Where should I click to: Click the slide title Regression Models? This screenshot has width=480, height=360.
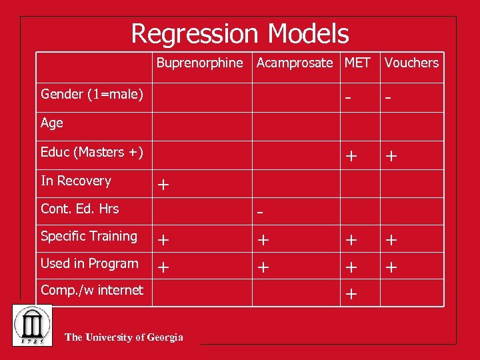[x=240, y=33]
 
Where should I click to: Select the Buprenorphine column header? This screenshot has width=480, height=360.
[x=200, y=63]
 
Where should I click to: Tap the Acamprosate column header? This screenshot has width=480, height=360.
[x=294, y=63]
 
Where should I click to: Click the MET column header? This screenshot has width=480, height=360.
[x=357, y=63]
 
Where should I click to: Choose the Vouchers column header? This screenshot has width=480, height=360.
[x=411, y=63]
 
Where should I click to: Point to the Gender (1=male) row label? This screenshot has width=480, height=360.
[x=92, y=94]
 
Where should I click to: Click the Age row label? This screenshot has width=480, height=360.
[x=52, y=123]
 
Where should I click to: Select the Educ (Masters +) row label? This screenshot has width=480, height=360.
[x=92, y=152]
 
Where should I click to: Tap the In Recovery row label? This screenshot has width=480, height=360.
[x=76, y=181]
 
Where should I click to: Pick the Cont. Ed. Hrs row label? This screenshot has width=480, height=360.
[x=79, y=209]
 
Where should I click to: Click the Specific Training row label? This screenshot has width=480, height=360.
[x=89, y=236]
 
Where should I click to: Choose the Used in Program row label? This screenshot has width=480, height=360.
[x=89, y=263]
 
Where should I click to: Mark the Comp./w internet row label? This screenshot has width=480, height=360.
[x=92, y=290]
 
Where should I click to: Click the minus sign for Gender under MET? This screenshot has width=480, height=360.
[x=348, y=98]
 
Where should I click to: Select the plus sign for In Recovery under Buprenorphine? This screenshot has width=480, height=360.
[x=162, y=185]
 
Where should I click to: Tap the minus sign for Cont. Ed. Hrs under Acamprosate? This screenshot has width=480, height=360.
[x=261, y=213]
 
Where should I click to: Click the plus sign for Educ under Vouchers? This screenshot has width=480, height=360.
[x=391, y=156]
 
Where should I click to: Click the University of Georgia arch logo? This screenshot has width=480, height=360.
[x=31, y=326]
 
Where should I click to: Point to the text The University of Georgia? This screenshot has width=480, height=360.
[x=124, y=337]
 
